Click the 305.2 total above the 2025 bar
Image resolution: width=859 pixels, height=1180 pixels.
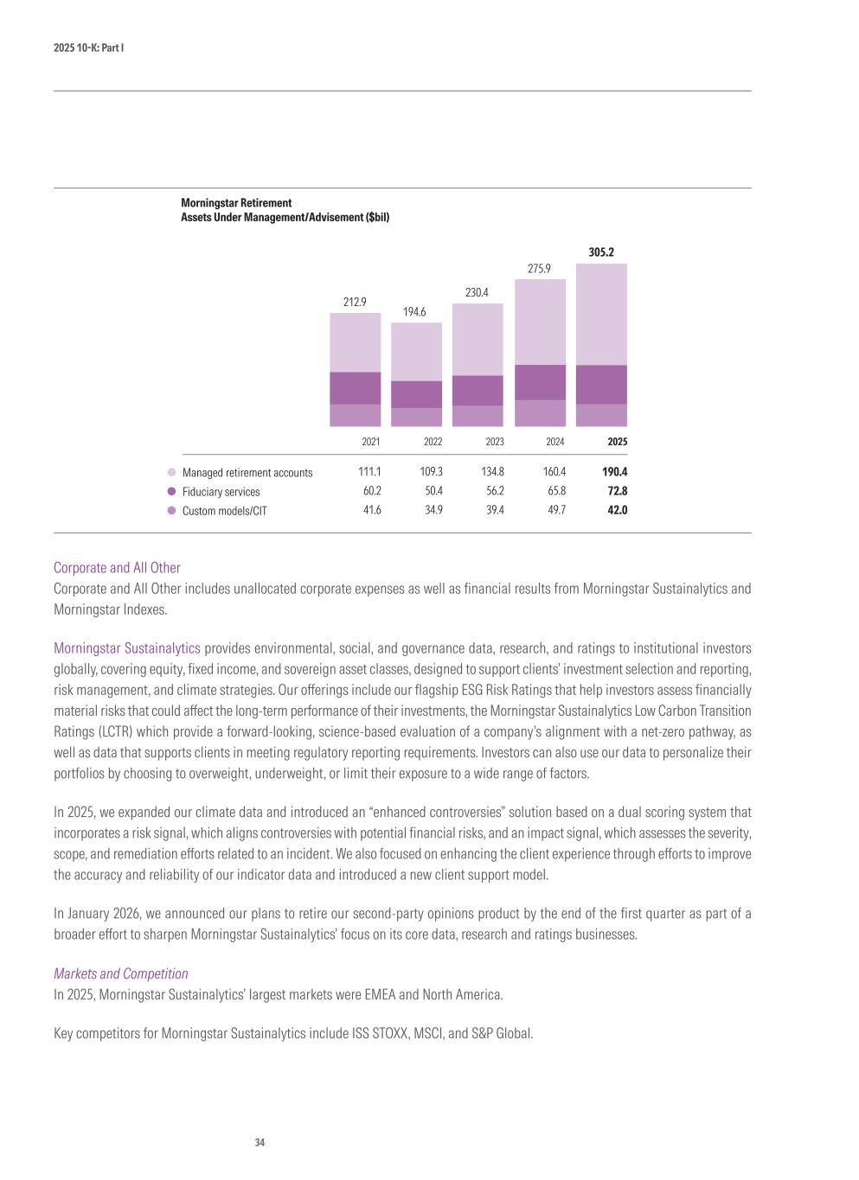pos(601,252)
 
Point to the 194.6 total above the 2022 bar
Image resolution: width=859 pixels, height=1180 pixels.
pos(414,311)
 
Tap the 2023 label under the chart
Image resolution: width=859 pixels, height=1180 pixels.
pos(494,442)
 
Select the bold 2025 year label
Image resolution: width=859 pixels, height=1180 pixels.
pos(617,442)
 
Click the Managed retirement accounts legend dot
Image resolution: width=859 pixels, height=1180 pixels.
pos(171,473)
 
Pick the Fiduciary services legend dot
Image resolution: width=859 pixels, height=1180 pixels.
pos(171,492)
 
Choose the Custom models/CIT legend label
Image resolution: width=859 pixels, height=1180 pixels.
pos(224,511)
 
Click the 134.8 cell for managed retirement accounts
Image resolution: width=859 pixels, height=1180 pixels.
pos(492,472)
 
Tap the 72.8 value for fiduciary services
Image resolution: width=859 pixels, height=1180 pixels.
pos(617,491)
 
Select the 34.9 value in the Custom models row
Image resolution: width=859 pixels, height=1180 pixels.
pos(433,510)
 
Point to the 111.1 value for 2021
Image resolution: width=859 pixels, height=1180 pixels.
pos(369,472)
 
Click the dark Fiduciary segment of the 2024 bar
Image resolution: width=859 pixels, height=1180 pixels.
pos(540,382)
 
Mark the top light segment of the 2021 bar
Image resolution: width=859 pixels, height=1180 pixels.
pos(355,342)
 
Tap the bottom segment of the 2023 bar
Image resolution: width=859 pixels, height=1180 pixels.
pos(478,416)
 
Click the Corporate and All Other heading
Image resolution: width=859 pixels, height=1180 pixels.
pos(117,568)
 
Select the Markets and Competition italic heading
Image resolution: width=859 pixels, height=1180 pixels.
pos(120,973)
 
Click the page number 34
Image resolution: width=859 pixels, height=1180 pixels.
pos(260,1143)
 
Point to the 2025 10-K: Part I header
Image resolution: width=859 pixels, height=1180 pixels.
pos(88,48)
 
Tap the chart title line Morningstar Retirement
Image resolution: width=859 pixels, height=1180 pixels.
pos(236,203)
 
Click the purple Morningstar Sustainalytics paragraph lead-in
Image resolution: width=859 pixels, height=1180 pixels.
pos(126,648)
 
